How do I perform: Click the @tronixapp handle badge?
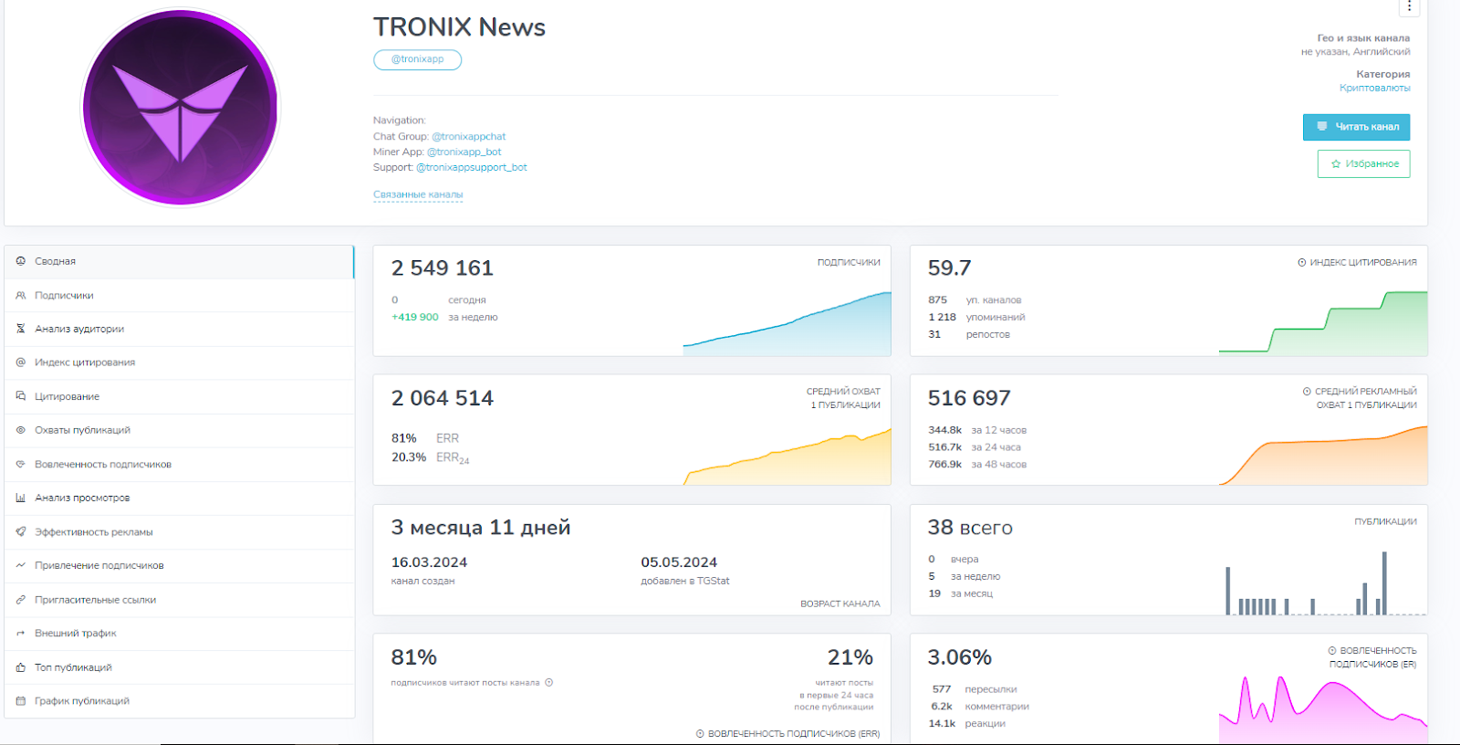point(417,59)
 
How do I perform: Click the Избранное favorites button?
point(1363,163)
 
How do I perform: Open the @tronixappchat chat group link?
point(468,136)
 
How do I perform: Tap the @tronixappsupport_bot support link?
point(472,167)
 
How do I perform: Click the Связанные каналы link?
point(418,194)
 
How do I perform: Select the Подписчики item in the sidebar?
point(64,295)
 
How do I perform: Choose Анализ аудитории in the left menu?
point(79,329)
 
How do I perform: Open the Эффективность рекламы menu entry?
point(93,531)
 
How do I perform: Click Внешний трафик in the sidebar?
point(75,633)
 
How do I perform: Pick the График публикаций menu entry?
point(82,700)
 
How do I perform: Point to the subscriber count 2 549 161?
point(443,268)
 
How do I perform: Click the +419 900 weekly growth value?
point(415,317)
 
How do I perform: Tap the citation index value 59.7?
point(949,268)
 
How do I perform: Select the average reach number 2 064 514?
point(443,398)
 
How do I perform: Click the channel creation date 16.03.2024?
point(429,562)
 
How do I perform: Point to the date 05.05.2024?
point(679,562)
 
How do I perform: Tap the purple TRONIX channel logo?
point(181,108)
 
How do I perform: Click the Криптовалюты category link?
point(1374,88)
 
